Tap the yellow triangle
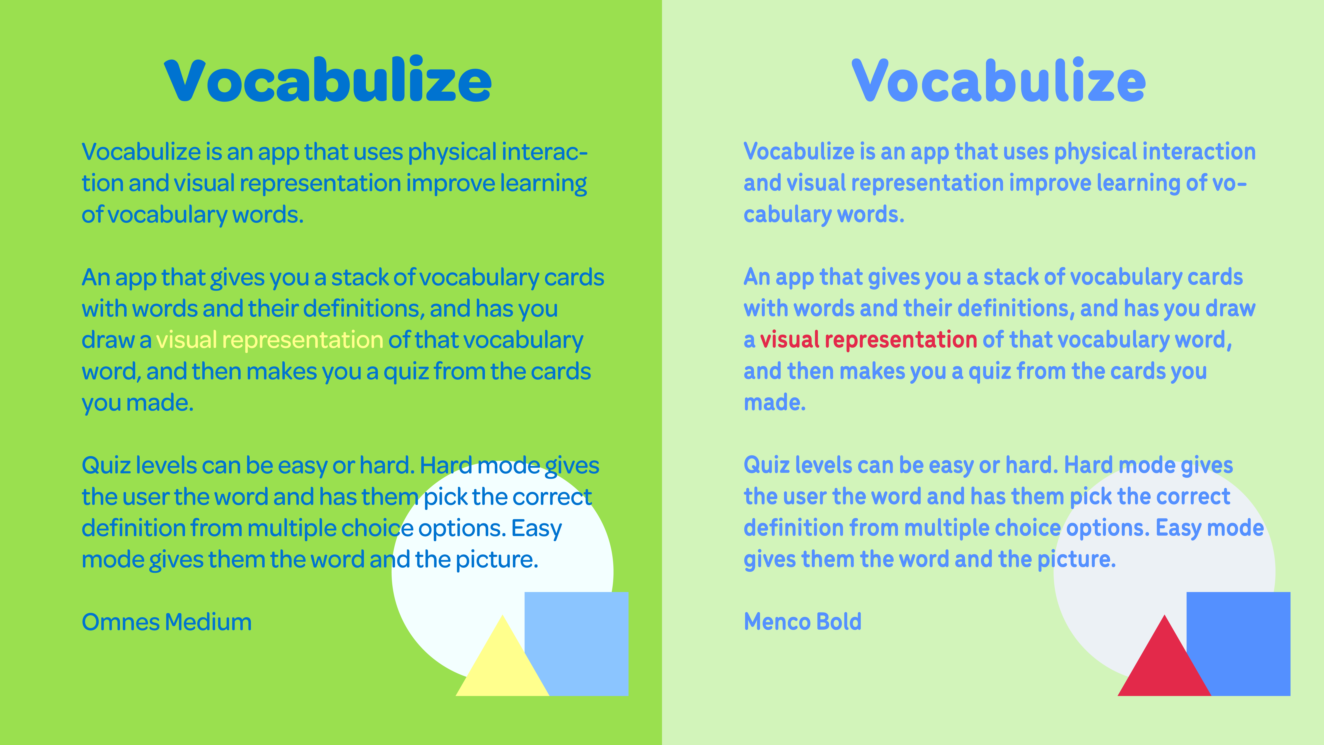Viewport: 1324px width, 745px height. pos(502,656)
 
